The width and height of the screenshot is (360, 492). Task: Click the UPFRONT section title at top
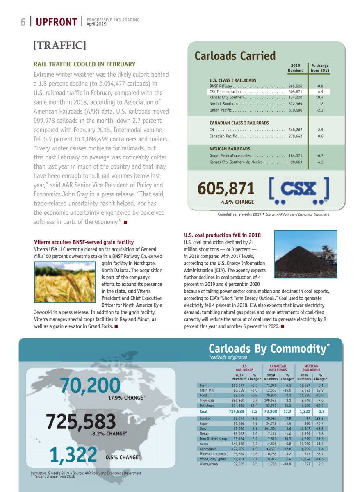pyautogui.click(x=56, y=22)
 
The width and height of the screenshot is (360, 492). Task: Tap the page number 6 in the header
pyautogui.click(x=23, y=22)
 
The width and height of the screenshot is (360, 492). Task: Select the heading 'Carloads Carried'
pyautogui.click(x=235, y=56)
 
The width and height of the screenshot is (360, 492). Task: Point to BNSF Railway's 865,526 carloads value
pyautogui.click(x=295, y=87)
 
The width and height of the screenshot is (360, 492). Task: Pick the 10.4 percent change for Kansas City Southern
pyautogui.click(x=320, y=98)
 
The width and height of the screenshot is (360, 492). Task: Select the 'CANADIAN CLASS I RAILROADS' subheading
pyautogui.click(x=239, y=123)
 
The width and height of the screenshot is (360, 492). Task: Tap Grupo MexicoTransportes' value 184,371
pyautogui.click(x=295, y=156)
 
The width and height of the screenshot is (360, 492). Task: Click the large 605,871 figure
pyautogui.click(x=226, y=188)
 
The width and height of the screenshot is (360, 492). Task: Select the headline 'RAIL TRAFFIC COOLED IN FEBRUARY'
pyautogui.click(x=84, y=64)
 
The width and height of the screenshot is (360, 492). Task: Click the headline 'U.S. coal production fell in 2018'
pyautogui.click(x=222, y=235)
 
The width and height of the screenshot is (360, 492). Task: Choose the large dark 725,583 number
pyautogui.click(x=81, y=421)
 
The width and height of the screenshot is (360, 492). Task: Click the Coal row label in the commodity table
pyautogui.click(x=203, y=411)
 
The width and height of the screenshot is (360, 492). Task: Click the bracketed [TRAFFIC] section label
pyautogui.click(x=60, y=45)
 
